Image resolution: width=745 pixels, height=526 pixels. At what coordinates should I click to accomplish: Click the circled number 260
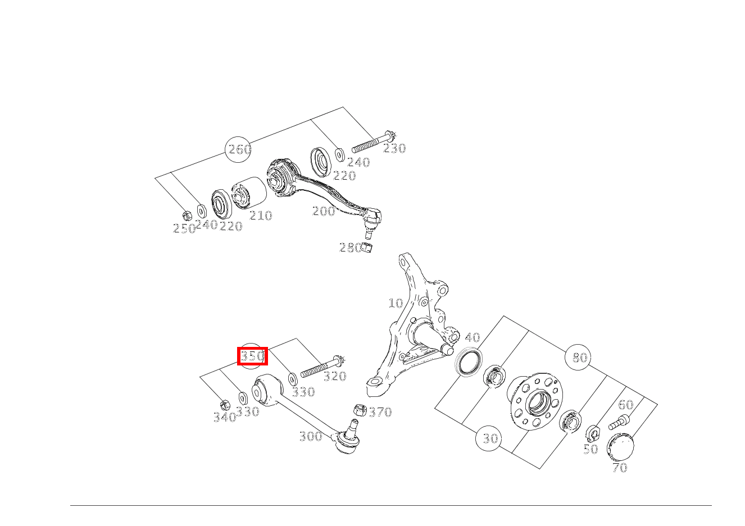239,149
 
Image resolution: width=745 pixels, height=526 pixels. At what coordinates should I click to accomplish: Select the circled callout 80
579,358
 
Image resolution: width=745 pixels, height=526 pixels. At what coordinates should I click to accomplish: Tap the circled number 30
490,438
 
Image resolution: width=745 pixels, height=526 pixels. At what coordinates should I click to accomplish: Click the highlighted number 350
252,356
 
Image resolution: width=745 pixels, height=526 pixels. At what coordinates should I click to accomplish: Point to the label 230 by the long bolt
394,149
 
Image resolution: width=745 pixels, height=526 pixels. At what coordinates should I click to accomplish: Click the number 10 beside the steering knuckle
396,303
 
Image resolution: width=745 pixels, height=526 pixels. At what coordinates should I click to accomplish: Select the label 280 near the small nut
349,248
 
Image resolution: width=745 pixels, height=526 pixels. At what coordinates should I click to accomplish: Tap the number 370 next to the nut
380,412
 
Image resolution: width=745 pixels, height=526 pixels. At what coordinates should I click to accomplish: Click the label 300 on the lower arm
310,436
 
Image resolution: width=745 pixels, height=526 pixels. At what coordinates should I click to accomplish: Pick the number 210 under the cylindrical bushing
260,216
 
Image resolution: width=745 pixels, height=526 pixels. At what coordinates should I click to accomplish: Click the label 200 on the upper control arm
324,211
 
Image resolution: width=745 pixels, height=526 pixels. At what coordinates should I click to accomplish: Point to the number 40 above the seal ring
473,337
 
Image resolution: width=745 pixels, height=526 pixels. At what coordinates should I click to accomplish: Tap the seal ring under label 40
468,362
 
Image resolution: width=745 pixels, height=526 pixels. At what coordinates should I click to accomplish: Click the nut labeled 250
188,214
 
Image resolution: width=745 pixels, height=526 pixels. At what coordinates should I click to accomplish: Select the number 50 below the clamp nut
590,449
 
